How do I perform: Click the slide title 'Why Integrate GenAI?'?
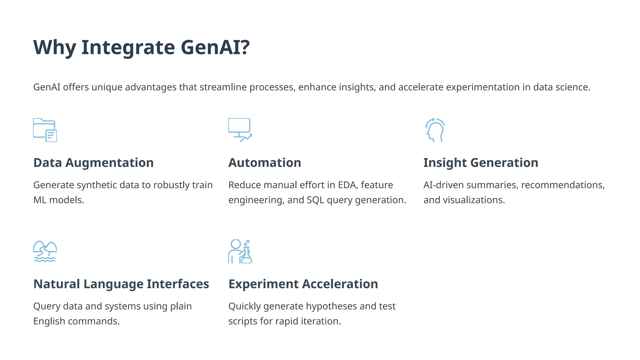pos(141,47)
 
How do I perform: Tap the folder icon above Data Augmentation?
pos(45,130)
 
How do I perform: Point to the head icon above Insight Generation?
pos(435,130)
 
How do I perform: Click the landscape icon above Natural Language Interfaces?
pos(45,251)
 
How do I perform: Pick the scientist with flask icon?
pos(240,251)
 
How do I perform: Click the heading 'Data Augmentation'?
pos(93,163)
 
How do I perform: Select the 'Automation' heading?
pos(265,163)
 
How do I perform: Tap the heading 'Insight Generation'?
pos(481,163)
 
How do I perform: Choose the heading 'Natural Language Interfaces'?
pos(121,284)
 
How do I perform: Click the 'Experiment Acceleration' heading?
pos(303,284)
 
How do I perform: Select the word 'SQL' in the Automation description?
pos(315,200)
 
